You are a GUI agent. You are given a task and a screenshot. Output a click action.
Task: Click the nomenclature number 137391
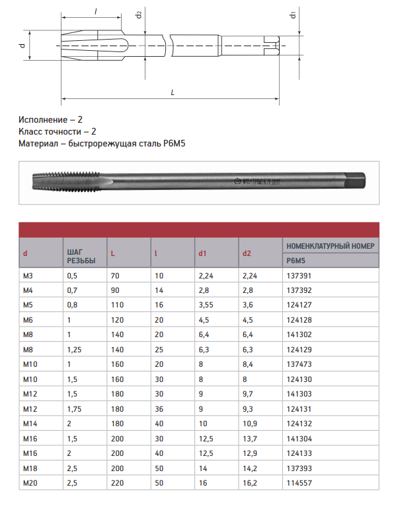click(299, 276)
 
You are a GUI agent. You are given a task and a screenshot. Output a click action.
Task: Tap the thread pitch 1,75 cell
click(74, 409)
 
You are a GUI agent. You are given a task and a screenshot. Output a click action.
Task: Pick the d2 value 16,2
click(250, 483)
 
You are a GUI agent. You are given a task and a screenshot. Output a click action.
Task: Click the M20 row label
click(30, 483)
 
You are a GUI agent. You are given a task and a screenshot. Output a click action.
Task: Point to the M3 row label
click(28, 276)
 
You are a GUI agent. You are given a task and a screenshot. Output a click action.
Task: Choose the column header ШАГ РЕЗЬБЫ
click(81, 257)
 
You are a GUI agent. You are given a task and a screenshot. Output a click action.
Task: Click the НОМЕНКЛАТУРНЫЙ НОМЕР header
click(331, 246)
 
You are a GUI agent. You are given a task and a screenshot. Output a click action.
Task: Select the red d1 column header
click(202, 253)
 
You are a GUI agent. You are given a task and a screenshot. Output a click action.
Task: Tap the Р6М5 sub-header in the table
click(295, 261)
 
